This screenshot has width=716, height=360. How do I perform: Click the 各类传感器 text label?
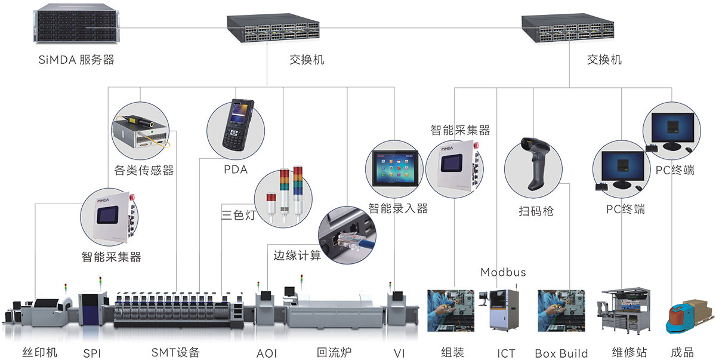coord(143,171)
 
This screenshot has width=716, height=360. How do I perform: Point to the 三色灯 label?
coord(238,215)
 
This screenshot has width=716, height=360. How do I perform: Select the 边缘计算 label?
coord(297,256)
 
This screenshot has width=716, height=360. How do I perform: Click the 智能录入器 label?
coord(398,208)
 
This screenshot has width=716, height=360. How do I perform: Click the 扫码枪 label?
coord(536,211)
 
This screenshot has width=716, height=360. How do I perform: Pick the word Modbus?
coord(503,272)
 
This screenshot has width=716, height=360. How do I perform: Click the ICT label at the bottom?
coord(505,353)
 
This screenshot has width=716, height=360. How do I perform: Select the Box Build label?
coord(561,353)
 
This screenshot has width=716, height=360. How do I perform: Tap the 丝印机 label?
coord(39,352)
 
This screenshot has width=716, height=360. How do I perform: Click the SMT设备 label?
coord(175,352)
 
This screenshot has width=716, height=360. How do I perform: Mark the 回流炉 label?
coord(333,352)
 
